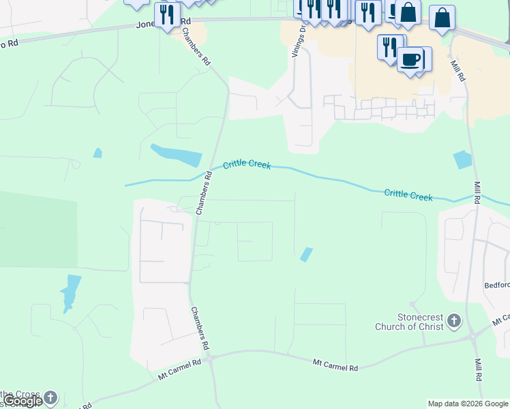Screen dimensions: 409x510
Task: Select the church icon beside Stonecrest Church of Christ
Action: click(455, 322)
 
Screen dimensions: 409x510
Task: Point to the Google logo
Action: click(23, 401)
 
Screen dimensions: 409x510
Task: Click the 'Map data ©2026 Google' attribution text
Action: click(468, 404)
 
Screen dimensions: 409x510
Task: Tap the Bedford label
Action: click(496, 285)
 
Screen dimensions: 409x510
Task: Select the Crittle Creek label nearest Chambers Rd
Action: click(247, 165)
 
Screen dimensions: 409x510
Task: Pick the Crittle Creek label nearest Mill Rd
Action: click(408, 195)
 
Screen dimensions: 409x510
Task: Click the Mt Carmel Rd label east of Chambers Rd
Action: click(335, 367)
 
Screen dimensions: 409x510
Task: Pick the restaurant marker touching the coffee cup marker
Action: click(390, 47)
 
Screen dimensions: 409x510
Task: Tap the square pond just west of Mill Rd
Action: click(462, 160)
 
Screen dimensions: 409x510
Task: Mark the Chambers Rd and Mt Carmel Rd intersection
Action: click(210, 357)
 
